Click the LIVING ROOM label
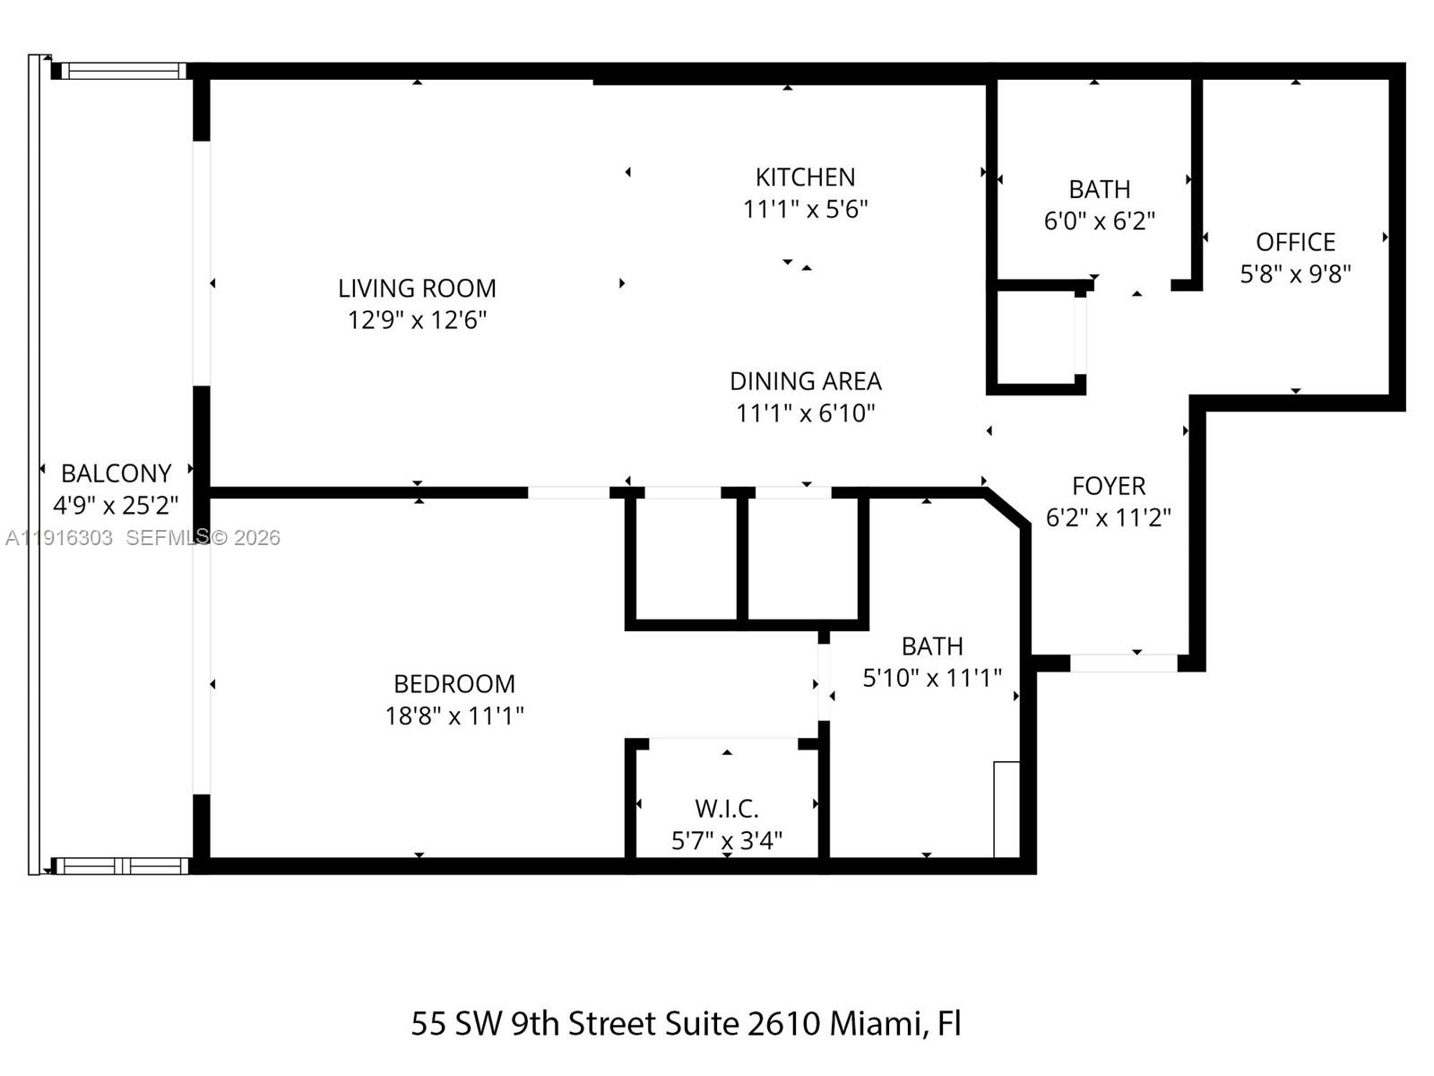417,288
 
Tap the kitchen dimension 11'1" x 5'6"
805,209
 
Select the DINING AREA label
805,381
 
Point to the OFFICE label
1295,242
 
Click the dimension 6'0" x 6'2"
1099,221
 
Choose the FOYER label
1109,486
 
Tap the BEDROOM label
454,684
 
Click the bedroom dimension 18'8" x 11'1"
454,716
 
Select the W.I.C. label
727,809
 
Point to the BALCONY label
116,473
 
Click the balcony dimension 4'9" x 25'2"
116,506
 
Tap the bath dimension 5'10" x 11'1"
932,678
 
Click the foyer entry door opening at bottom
1124,664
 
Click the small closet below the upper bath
1035,338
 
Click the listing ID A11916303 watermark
59,538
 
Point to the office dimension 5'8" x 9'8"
1295,273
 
